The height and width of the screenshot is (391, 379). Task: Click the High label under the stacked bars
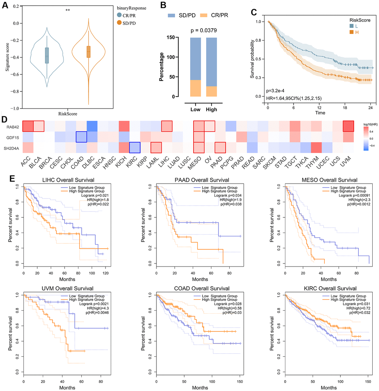(x=212, y=110)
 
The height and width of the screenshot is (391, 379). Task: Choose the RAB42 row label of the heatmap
(x=12, y=127)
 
